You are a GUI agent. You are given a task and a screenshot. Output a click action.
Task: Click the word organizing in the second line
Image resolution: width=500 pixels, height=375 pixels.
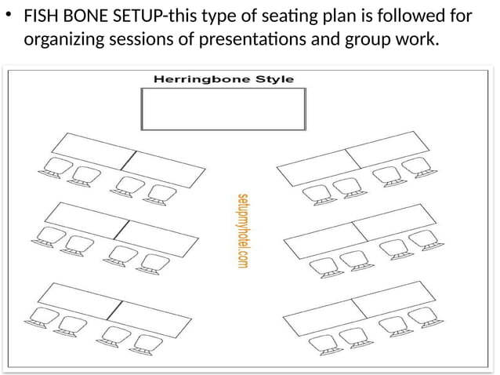click(65, 39)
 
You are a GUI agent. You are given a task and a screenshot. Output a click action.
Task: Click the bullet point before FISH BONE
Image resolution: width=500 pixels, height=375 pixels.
click(10, 16)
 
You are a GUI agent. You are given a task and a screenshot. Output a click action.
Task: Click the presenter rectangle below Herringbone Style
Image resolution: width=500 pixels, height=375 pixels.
click(223, 108)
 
